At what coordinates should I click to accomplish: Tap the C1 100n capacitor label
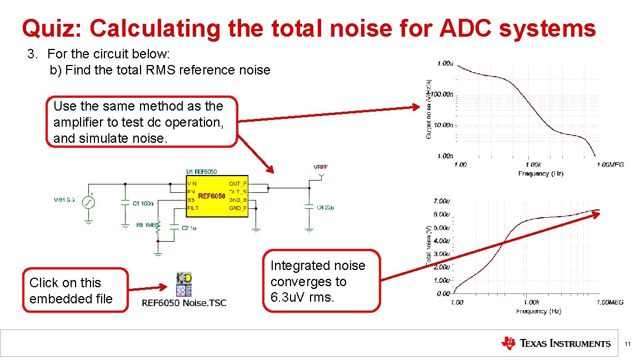(x=143, y=203)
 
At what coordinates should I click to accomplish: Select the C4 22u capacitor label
(x=325, y=207)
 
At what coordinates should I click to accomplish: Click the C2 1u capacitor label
(x=189, y=227)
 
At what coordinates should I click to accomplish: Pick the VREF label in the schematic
(x=321, y=167)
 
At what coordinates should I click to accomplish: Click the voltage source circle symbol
(x=88, y=203)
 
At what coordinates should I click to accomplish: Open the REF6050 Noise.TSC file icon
(x=183, y=284)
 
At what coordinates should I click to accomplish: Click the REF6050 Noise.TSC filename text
(x=184, y=303)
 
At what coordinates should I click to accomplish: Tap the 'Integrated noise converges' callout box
(x=317, y=281)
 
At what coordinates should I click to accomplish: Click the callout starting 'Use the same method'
(x=142, y=122)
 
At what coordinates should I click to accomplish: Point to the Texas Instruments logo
(x=555, y=343)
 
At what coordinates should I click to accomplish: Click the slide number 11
(x=627, y=345)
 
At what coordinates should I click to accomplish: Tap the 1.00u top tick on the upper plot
(x=444, y=63)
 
